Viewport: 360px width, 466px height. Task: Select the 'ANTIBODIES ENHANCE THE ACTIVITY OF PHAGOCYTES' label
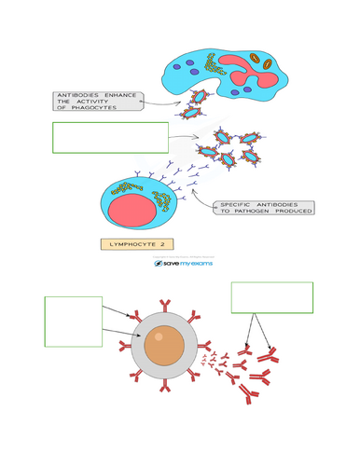(98, 101)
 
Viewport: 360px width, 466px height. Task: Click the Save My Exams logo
(184, 264)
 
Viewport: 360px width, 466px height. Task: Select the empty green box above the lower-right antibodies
(271, 297)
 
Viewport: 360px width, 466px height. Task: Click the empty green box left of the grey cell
(73, 322)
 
